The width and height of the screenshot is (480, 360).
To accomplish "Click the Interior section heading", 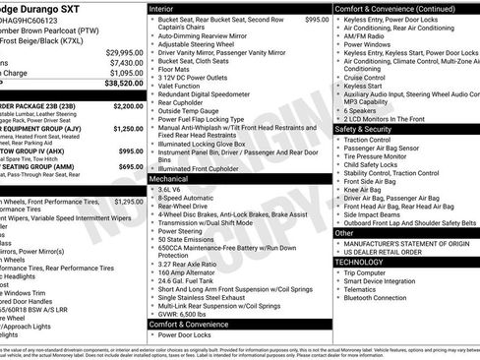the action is tap(167, 8).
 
